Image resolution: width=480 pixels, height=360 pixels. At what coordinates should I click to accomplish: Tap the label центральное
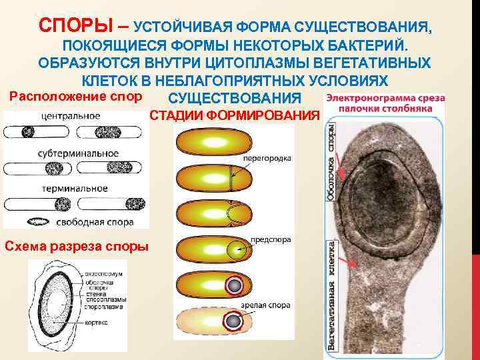coord(71,116)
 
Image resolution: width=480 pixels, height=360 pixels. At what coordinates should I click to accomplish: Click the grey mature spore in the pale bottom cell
coord(233,322)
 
